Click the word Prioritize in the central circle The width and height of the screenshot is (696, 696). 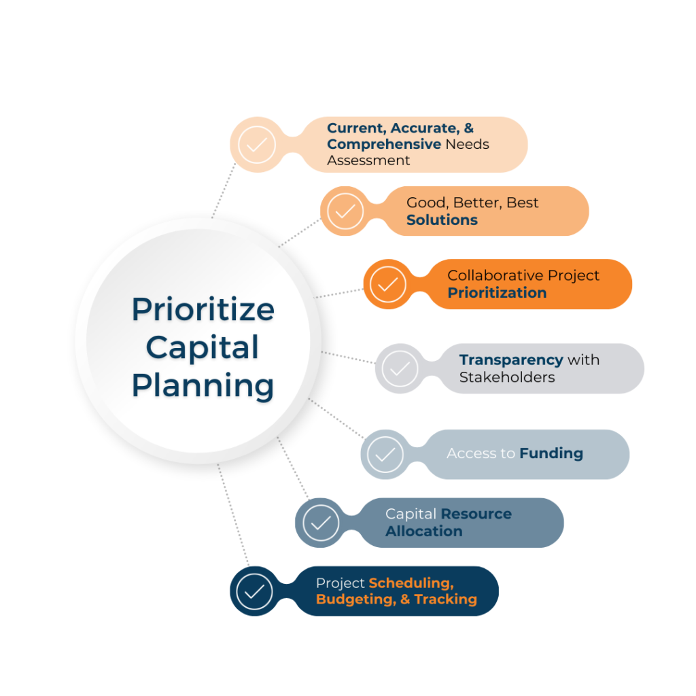pos(203,309)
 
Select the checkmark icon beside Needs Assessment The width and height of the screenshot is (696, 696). pos(256,145)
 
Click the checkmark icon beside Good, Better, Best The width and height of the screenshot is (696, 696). pos(345,211)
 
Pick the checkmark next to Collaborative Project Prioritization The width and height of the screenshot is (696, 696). pos(387,285)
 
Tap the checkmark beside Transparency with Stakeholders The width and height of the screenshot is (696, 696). pos(400,369)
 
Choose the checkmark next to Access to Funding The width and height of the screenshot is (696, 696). pos(385,455)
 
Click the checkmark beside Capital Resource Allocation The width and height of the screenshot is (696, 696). pos(321,523)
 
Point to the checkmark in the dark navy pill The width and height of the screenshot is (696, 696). pos(254,591)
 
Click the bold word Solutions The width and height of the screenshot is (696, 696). pos(442,220)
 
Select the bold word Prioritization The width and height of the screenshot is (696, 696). pos(497,293)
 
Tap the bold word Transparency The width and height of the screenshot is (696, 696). pos(511,360)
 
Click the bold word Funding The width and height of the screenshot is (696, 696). pos(551,453)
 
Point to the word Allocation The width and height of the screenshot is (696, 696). pos(424,532)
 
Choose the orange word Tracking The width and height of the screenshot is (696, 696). pos(446,599)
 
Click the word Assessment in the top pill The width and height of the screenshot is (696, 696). pos(368,160)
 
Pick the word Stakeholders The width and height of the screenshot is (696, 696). pos(507,377)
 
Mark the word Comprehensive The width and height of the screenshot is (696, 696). pos(384,145)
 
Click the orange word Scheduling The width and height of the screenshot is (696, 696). pos(411,583)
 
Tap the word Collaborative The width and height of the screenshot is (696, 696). pos(495,275)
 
